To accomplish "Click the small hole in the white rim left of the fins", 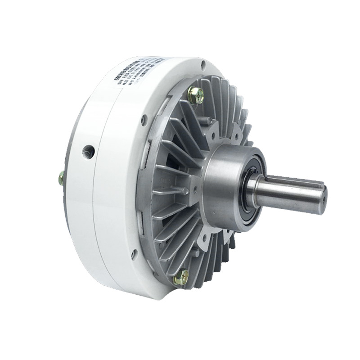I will [x=144, y=120].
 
